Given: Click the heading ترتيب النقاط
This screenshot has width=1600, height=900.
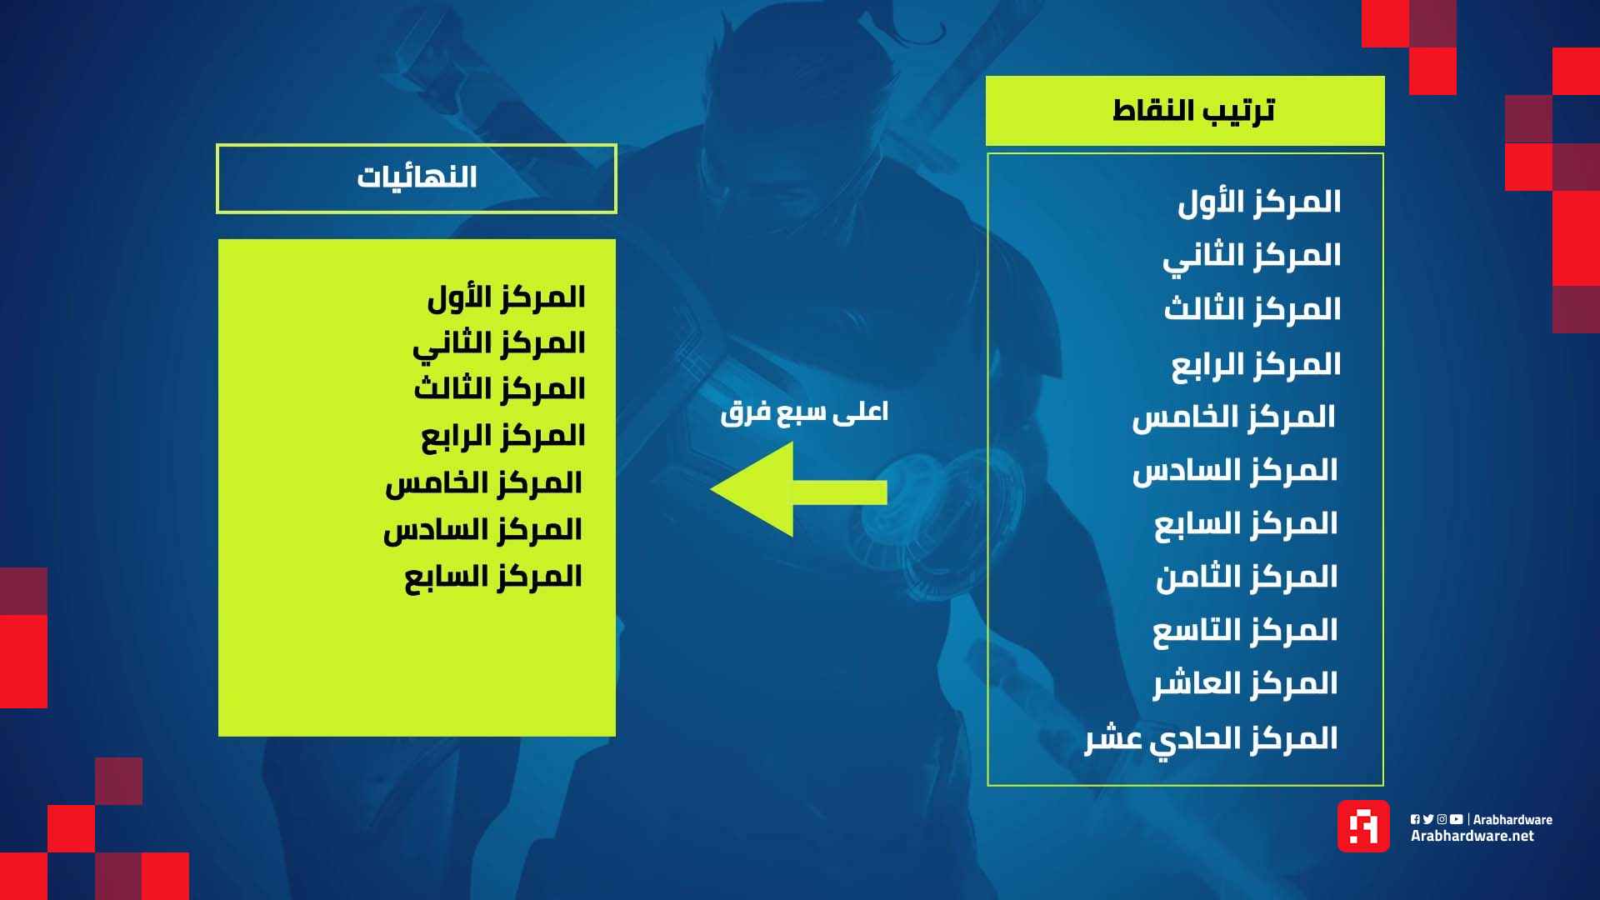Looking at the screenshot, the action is point(1193,110).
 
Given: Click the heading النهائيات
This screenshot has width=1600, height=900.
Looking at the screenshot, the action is point(417,177).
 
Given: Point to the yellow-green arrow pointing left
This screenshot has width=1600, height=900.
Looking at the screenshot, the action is point(798,490).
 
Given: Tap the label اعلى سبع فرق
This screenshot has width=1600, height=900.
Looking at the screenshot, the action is point(804,412).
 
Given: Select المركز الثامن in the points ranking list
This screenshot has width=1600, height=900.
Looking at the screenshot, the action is point(1247,577).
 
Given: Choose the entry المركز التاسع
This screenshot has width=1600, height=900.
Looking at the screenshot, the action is point(1245,631).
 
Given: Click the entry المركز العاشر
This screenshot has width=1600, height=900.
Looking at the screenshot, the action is point(1245,684).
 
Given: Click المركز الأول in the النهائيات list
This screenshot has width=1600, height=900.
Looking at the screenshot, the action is point(506,297).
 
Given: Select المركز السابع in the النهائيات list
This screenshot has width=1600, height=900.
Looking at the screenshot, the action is point(493,577).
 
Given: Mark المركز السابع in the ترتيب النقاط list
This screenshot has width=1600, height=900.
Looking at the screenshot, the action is point(1246,524).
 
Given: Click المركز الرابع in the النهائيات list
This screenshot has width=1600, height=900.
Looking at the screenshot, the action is point(503,436).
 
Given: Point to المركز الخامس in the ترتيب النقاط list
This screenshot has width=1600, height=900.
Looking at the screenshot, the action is point(1234,417).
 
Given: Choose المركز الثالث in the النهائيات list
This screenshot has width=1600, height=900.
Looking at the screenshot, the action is point(500,389).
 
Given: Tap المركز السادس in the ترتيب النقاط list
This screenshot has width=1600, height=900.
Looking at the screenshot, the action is point(1235,471).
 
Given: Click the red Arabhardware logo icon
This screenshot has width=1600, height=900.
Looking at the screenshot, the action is point(1363,826).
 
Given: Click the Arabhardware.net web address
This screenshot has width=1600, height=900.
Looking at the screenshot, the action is point(1472,836).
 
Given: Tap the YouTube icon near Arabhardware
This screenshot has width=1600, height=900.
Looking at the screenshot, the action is point(1456,819).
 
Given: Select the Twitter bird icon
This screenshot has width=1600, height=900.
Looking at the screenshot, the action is point(1428,819).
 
